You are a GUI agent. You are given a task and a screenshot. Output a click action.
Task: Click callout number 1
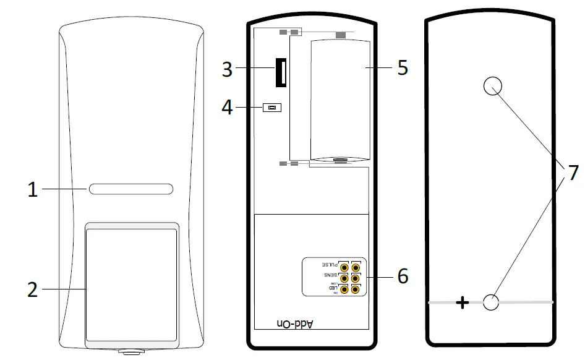32,190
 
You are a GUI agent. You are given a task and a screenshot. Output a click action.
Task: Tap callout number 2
32,289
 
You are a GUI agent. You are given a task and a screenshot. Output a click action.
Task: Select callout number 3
227,69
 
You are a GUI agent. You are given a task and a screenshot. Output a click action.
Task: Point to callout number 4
227,108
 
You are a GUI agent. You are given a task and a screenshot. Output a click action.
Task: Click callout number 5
403,67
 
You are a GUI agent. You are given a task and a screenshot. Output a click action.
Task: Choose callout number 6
403,276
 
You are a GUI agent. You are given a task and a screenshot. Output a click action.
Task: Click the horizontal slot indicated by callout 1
130,189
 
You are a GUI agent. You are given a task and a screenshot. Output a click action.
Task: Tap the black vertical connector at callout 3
281,72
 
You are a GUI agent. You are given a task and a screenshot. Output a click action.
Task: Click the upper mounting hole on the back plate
492,86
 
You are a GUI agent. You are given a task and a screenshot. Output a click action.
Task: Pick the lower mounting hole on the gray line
490,302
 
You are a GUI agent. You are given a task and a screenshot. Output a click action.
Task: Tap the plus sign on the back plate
463,302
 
